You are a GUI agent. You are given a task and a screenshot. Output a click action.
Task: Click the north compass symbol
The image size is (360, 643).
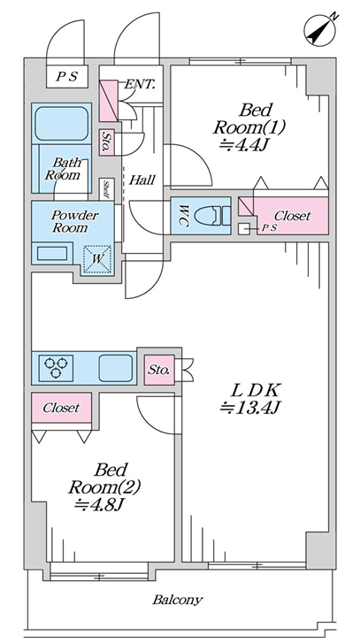pos(320,30)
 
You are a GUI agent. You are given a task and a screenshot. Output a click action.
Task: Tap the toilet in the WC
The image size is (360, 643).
pos(212,216)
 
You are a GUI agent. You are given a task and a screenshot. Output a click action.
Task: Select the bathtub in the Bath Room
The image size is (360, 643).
pos(62,123)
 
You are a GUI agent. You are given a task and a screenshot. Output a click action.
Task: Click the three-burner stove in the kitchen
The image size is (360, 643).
pos(57,366)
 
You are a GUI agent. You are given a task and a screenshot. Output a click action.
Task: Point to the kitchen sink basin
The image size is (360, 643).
pos(116,367)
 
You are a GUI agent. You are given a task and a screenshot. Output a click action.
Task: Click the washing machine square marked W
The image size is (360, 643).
pos(97,259)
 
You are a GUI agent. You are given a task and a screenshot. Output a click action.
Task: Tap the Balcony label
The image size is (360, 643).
pos(178,600)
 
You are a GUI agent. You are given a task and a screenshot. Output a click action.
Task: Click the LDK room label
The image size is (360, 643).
pos(255,391)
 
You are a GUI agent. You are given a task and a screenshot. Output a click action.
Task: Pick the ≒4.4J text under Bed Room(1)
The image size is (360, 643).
pos(243,145)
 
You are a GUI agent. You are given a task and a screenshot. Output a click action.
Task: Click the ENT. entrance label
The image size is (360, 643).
pos(140,85)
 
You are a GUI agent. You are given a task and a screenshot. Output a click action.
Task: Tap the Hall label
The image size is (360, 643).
pos(142,180)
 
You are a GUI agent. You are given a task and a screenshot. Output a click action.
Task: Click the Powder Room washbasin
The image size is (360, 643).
pos(52,254)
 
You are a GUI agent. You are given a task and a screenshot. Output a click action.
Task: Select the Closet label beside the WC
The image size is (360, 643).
pos(293,216)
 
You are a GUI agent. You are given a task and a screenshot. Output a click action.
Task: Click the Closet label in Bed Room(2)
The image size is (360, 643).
pos(62,408)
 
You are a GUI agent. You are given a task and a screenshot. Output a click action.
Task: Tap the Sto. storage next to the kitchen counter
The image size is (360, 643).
pos(159,370)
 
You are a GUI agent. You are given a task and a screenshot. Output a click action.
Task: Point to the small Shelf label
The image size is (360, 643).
pos(106,189)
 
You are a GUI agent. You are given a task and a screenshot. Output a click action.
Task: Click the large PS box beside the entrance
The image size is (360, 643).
pos(67,77)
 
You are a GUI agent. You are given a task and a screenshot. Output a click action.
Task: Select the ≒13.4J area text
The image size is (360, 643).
pos(249,408)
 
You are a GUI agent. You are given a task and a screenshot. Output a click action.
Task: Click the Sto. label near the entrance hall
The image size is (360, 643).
pos(107,142)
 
